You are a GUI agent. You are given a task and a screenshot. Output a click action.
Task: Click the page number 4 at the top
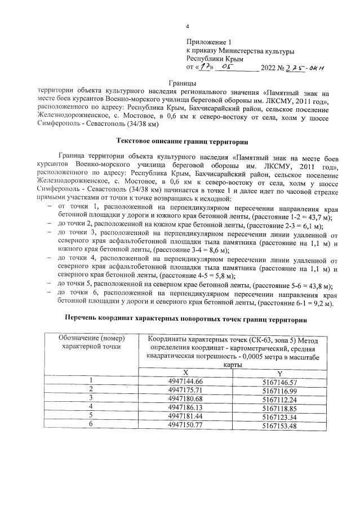coord(188,26)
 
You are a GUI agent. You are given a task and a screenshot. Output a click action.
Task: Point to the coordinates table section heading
coord(186,320)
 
